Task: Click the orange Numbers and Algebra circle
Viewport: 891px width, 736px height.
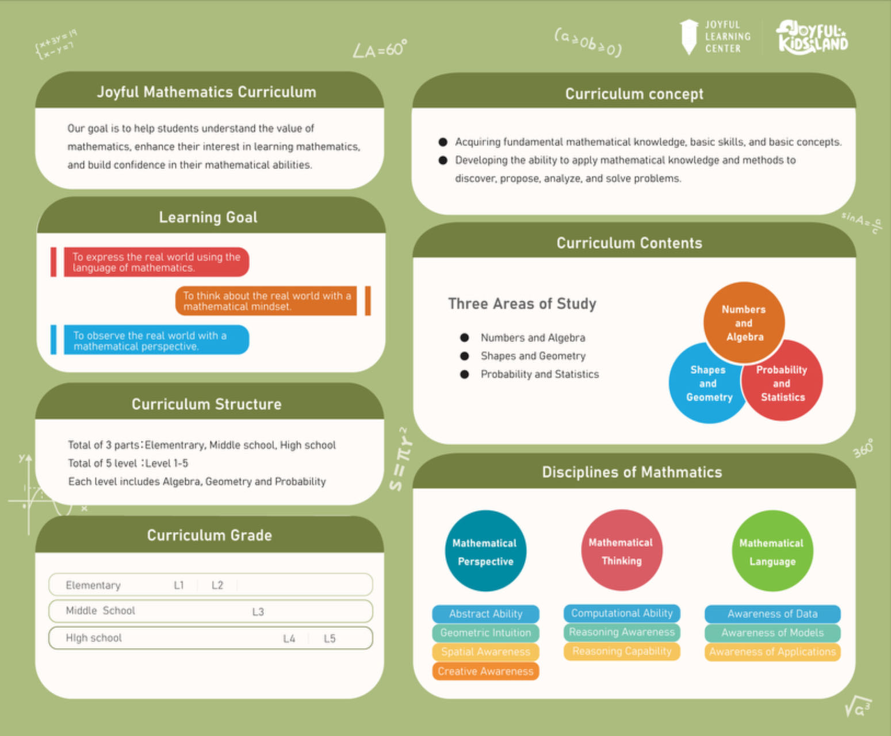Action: point(744,323)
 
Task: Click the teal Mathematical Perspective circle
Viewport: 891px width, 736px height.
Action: point(485,551)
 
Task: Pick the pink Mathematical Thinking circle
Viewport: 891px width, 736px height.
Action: point(622,550)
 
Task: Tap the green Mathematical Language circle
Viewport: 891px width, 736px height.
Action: point(773,551)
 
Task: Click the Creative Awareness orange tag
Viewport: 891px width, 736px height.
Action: point(485,671)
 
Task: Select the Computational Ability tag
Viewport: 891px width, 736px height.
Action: point(622,613)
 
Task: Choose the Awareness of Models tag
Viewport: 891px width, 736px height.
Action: point(773,632)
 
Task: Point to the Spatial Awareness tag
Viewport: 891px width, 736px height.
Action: point(485,652)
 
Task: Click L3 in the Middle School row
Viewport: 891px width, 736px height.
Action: point(258,612)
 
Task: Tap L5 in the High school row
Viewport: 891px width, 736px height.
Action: point(330,638)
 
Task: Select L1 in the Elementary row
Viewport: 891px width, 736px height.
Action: point(179,585)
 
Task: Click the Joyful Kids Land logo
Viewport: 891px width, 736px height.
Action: point(812,37)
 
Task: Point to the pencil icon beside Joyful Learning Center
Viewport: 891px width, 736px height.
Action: point(689,37)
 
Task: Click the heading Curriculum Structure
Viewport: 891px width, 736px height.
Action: point(207,404)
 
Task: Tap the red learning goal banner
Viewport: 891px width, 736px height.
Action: point(156,262)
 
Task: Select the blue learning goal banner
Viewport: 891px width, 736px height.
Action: point(156,340)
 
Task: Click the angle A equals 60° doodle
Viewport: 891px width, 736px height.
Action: point(380,49)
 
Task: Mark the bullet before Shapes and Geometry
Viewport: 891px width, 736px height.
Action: point(465,356)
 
